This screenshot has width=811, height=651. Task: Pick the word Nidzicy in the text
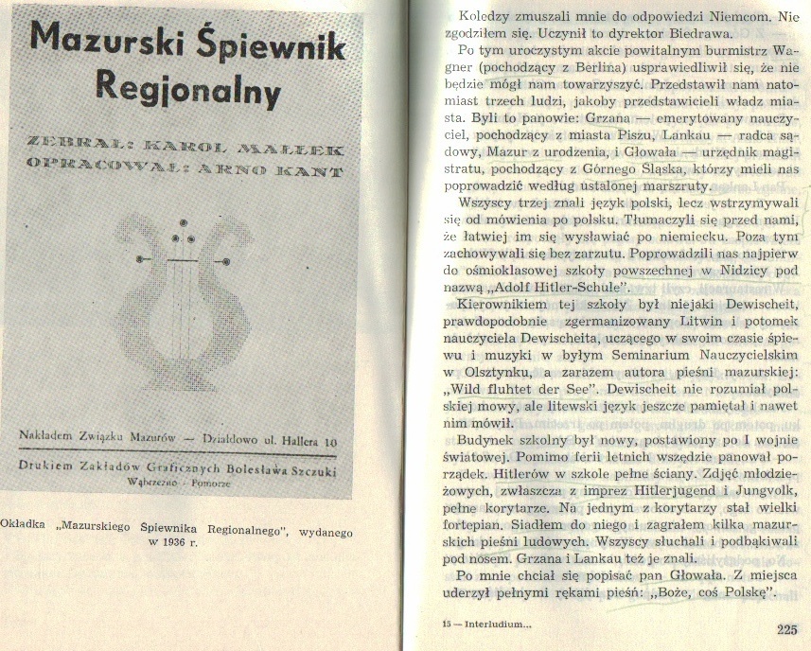[721, 267]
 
